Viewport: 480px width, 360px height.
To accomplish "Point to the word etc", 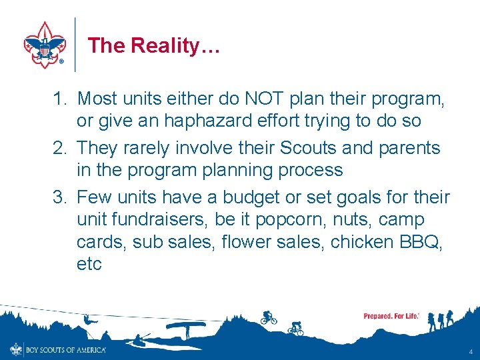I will pos(89,264).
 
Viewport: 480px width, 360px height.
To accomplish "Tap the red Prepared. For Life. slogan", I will pos(391,315).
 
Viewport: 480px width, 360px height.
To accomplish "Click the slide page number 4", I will pos(471,351).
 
